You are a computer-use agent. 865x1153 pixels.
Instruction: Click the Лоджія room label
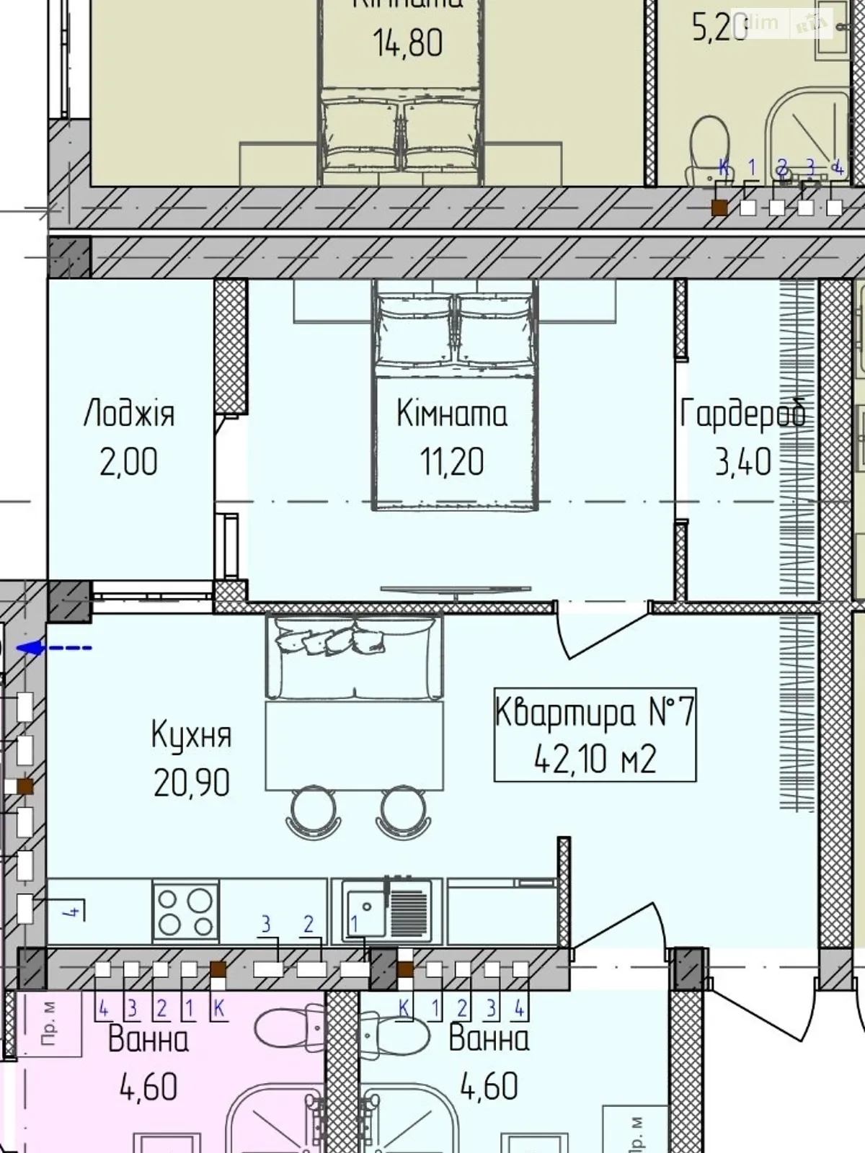(x=129, y=414)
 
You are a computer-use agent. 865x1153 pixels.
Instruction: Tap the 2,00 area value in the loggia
(x=128, y=462)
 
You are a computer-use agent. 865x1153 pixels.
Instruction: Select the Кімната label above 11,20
(x=452, y=414)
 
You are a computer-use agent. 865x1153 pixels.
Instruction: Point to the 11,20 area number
(x=452, y=462)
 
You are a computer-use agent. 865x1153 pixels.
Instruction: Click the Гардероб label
(x=742, y=414)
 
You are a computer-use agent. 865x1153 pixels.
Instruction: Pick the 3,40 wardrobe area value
(x=743, y=462)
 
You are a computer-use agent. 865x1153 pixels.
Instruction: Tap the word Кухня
(x=192, y=735)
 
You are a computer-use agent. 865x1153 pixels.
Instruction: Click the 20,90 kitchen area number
(x=192, y=783)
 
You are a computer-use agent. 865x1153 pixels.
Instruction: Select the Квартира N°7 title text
(x=595, y=712)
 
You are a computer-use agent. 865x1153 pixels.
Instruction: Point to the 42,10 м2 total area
(x=595, y=759)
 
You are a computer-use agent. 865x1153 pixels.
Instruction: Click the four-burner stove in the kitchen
(x=186, y=912)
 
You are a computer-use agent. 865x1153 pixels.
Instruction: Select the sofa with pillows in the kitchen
(x=354, y=656)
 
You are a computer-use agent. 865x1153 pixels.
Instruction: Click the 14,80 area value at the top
(x=408, y=43)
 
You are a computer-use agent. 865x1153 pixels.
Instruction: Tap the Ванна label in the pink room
(x=148, y=1039)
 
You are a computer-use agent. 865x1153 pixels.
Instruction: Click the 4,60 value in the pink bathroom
(x=148, y=1087)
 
